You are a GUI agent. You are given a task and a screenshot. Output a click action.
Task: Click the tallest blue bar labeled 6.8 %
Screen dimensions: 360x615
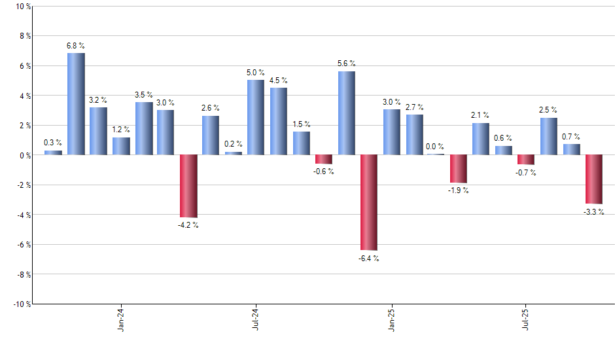click(76, 104)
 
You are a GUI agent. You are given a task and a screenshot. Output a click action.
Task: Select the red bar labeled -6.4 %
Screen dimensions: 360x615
click(368, 202)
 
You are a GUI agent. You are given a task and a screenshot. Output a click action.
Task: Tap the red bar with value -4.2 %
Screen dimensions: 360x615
click(188, 186)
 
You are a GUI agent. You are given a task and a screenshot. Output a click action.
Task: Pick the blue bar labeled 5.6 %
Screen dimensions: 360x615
click(346, 113)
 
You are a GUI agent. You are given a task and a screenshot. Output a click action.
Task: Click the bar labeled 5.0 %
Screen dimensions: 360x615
click(256, 118)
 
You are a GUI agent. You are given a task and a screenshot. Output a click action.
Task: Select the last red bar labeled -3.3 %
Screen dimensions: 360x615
click(593, 179)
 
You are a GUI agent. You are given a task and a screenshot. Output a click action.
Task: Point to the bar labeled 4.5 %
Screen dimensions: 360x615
click(278, 122)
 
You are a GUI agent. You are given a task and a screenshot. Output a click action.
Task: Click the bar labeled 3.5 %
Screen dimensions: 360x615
click(144, 129)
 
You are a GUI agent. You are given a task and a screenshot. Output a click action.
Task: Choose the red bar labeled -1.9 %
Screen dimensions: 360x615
click(458, 169)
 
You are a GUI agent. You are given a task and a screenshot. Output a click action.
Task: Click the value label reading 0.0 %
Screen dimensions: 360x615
click(435, 147)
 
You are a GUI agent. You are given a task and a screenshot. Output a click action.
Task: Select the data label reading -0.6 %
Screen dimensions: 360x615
click(323, 171)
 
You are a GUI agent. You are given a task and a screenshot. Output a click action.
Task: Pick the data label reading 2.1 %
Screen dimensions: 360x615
click(480, 115)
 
